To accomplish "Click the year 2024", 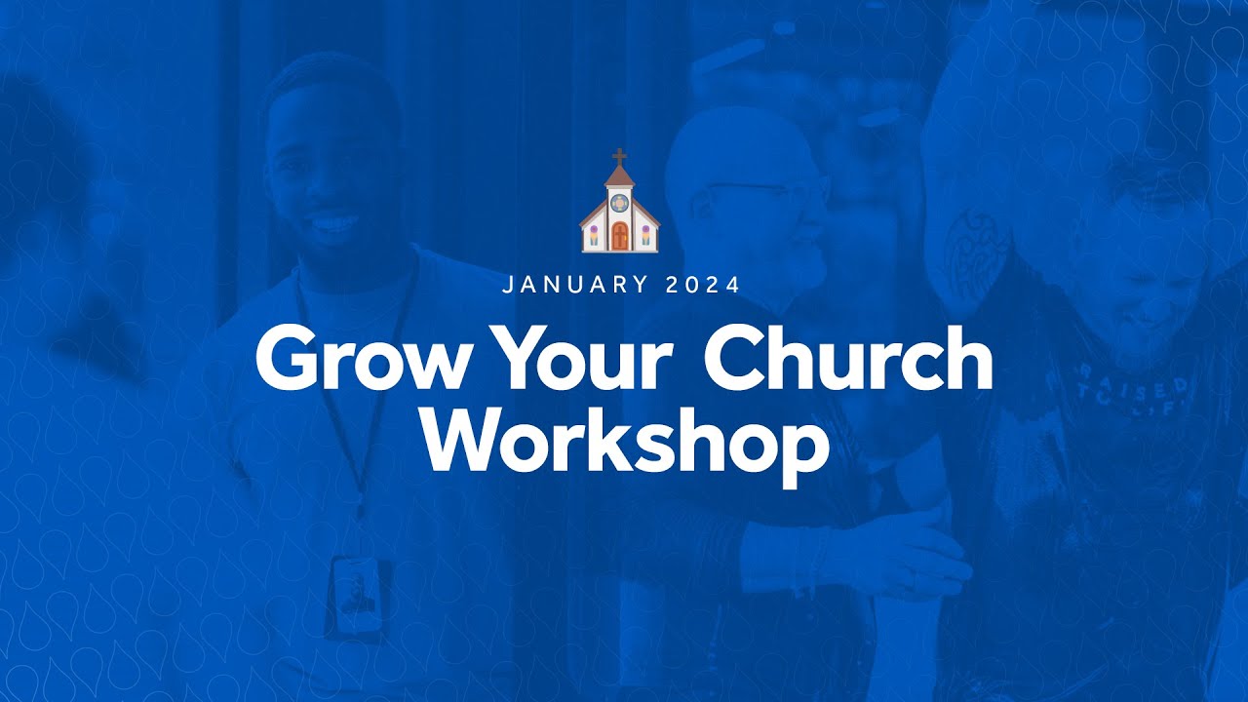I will point(704,286).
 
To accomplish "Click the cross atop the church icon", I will point(619,156).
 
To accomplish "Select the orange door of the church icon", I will point(619,236).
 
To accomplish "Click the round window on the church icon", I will point(619,204).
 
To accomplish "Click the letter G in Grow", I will point(285,360).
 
